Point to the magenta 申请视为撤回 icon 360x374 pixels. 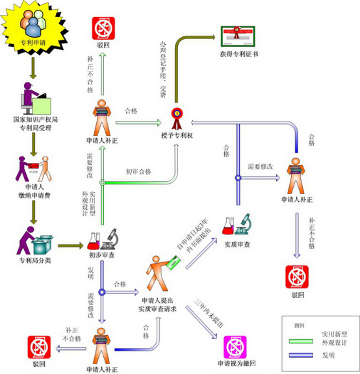pos(235,347)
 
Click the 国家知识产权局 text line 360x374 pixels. pos(40,120)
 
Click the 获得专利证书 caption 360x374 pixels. pos(238,55)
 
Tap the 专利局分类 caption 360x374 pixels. pos(35,262)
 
